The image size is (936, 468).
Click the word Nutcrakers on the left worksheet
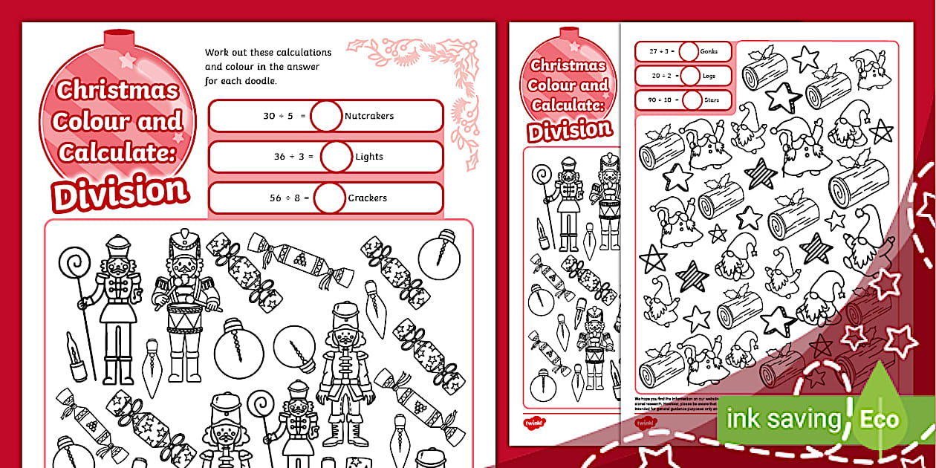[x=369, y=116]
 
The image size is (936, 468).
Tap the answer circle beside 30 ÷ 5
[x=326, y=116]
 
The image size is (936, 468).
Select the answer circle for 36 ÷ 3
[x=336, y=157]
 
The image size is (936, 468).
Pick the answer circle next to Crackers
[x=330, y=198]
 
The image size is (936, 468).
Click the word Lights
[x=369, y=157]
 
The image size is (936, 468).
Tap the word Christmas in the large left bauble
[x=118, y=91]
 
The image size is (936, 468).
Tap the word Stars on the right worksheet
[x=714, y=100]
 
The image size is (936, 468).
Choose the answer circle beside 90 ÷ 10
[x=692, y=100]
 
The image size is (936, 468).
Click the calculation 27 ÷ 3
[x=657, y=52]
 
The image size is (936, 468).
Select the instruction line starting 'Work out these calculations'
[x=268, y=53]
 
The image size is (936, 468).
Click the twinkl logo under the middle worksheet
[x=533, y=423]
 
